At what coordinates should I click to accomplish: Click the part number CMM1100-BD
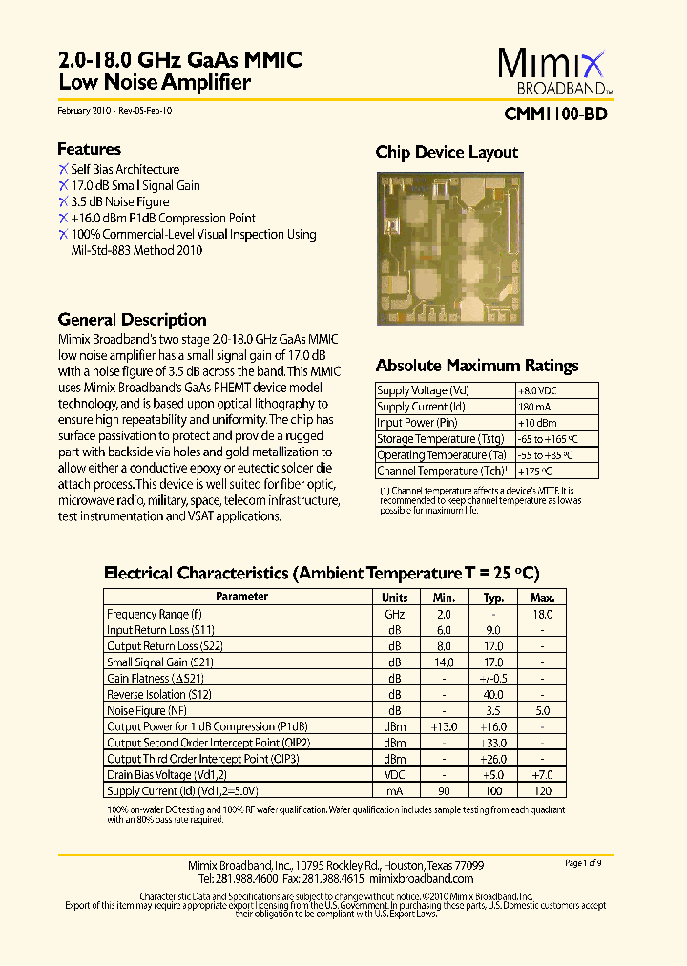coord(553,114)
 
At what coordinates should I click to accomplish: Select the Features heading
coord(89,149)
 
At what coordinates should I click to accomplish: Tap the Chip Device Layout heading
coord(447,152)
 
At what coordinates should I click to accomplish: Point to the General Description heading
coord(132,320)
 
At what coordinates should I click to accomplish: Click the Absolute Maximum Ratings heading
coord(476,366)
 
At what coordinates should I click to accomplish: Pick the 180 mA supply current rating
coord(534,407)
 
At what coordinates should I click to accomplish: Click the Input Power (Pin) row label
coord(417,423)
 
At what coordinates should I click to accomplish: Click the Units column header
coord(395,597)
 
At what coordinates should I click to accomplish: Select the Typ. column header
coord(493,597)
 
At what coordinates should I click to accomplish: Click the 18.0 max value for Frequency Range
coord(542,614)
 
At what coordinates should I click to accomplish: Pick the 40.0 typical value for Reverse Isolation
coord(493,695)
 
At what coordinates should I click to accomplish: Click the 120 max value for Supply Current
coord(542,791)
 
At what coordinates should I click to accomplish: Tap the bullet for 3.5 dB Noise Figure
coord(63,201)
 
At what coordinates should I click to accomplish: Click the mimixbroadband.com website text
coord(421,878)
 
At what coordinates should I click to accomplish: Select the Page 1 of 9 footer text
coord(583,863)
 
